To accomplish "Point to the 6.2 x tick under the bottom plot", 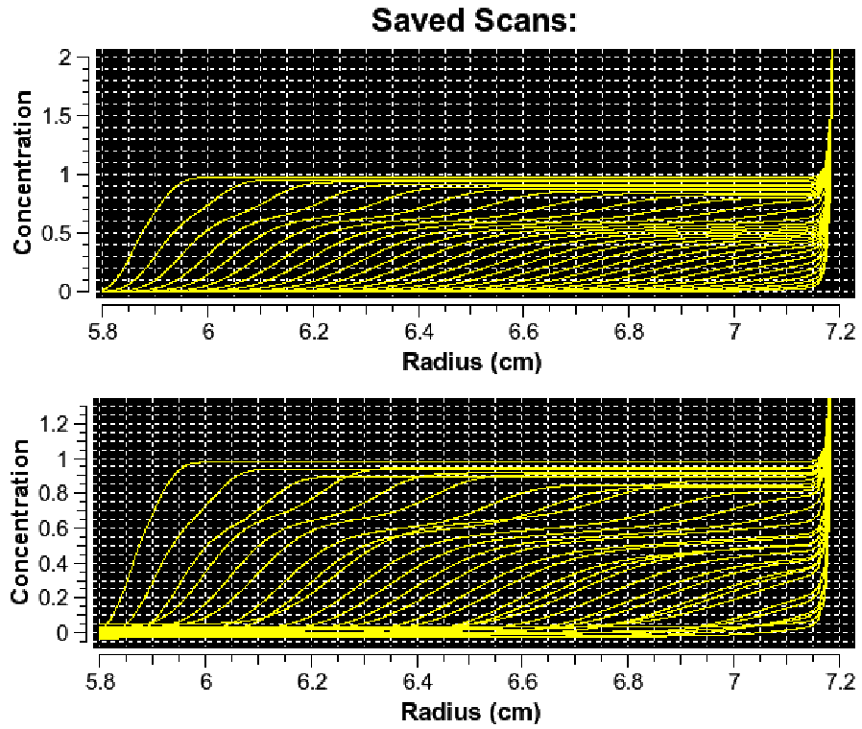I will point(312,683).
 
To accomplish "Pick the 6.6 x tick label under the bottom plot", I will point(523,683).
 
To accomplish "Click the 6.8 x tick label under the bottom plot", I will point(629,683).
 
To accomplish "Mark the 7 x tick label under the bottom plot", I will point(734,683).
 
